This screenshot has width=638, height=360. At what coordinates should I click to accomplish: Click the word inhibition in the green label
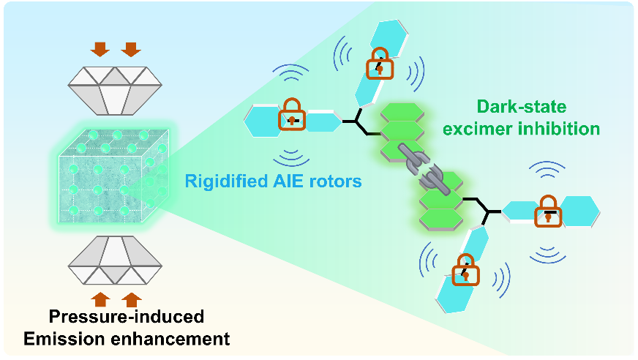coord(566,129)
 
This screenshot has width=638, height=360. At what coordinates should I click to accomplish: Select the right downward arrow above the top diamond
coord(130,49)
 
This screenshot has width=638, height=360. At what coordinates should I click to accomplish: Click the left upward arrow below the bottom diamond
coord(101,298)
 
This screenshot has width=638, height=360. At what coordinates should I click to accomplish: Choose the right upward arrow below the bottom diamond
coord(130,298)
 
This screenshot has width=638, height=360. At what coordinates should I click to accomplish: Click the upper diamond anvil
coord(116,89)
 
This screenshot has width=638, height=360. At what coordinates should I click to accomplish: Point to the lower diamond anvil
coord(116,260)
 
